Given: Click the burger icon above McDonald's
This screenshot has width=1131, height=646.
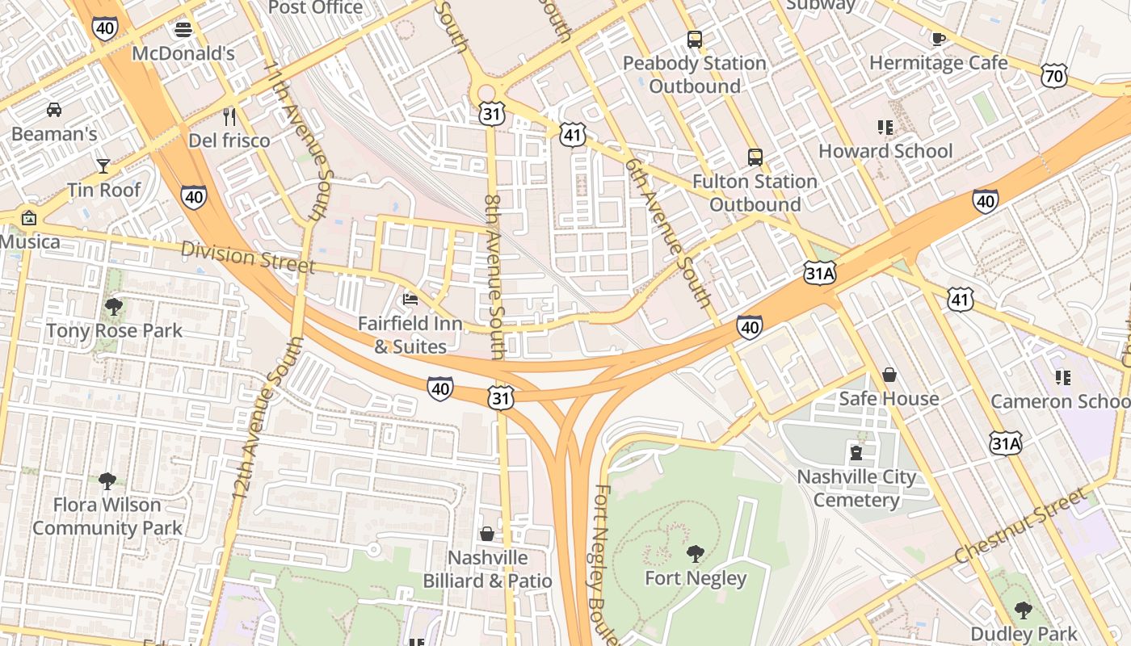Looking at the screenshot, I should [x=183, y=30].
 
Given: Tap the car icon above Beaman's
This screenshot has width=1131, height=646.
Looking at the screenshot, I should [x=54, y=109].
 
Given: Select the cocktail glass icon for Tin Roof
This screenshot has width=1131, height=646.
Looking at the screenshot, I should [x=103, y=166].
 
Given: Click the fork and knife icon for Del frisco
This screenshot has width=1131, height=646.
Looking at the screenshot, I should [x=230, y=117].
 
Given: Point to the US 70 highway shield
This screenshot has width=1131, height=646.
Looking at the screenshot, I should [x=1055, y=77].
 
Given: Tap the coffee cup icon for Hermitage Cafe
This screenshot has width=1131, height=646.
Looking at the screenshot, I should [x=938, y=39].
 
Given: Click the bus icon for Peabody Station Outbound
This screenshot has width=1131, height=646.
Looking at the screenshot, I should [x=694, y=39].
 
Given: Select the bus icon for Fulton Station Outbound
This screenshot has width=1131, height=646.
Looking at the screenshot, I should [x=755, y=157].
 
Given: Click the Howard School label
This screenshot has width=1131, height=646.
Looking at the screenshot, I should [x=885, y=151].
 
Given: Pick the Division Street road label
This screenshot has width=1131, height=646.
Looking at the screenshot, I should [x=247, y=257].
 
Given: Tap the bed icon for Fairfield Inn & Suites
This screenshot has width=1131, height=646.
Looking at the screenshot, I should [x=410, y=300].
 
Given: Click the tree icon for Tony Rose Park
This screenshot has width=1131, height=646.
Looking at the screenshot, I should [x=114, y=307].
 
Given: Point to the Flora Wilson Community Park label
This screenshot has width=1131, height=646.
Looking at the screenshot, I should [x=107, y=517].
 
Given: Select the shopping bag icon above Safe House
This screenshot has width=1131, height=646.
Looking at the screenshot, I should [x=889, y=375].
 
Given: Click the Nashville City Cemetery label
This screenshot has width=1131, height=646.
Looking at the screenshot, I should [x=856, y=489].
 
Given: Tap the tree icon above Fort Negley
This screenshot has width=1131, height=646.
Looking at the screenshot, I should [x=695, y=554].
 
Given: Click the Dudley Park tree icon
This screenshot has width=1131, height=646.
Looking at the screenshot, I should [x=1023, y=610].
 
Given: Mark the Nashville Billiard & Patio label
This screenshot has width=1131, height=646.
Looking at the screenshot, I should [x=488, y=569].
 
